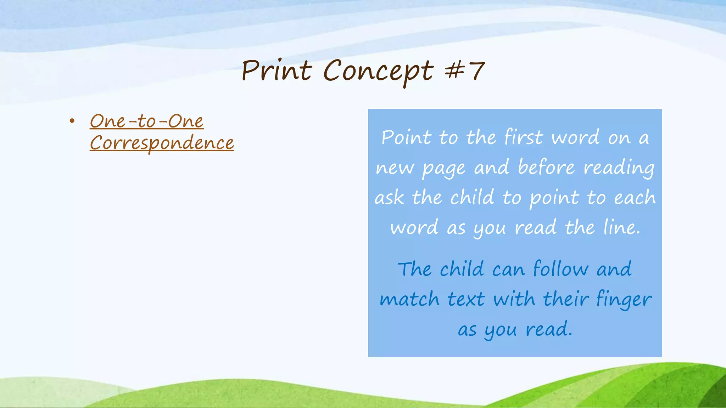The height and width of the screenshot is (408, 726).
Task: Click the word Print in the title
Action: (277, 70)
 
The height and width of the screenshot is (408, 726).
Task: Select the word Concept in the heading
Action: (378, 71)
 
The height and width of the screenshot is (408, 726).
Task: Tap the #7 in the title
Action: (465, 70)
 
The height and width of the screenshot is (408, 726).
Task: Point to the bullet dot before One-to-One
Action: (72, 121)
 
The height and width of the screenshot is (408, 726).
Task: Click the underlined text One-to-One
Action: (146, 121)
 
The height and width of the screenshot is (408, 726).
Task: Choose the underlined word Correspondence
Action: (162, 143)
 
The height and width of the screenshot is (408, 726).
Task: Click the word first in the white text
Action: (523, 137)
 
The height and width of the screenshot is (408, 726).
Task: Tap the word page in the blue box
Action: (443, 168)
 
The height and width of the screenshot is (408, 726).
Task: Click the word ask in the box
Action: (389, 198)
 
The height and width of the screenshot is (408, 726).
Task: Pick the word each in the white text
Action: (635, 198)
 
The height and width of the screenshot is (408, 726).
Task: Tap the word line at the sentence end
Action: (621, 227)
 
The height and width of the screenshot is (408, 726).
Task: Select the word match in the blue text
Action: (409, 299)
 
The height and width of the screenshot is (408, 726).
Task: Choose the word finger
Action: (624, 300)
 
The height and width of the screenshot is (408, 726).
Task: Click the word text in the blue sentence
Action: (466, 299)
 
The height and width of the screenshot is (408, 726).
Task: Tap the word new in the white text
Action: (394, 168)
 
